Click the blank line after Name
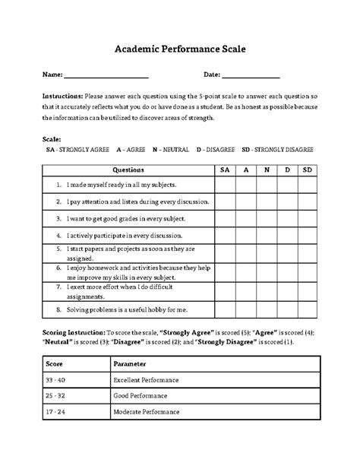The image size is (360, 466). pyautogui.click(x=106, y=76)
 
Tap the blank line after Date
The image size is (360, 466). pyautogui.click(x=251, y=76)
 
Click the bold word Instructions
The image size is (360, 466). pyautogui.click(x=62, y=97)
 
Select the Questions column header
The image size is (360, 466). pyautogui.click(x=127, y=170)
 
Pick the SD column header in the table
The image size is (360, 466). pyautogui.click(x=307, y=170)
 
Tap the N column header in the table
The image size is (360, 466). pyautogui.click(x=266, y=170)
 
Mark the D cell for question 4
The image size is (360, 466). pyautogui.click(x=286, y=235)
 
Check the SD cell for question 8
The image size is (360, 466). pyautogui.click(x=307, y=310)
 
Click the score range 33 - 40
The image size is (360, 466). pyautogui.click(x=55, y=379)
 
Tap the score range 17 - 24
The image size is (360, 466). pyautogui.click(x=55, y=412)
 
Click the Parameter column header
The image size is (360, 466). pyautogui.click(x=130, y=362)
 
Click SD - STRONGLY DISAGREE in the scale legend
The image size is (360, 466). pyautogui.click(x=277, y=151)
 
